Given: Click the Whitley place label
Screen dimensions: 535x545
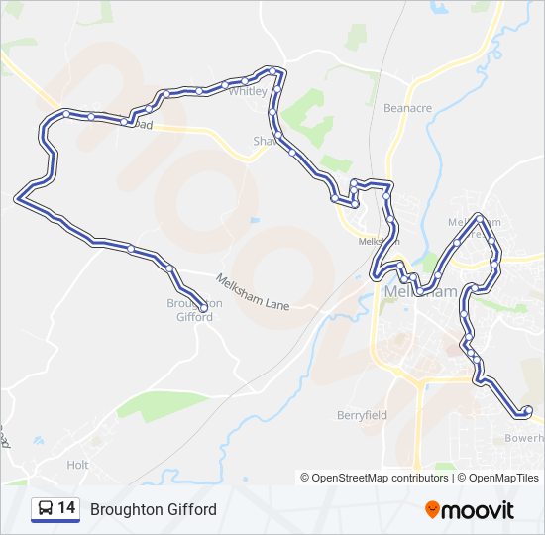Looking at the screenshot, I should pos(248,91).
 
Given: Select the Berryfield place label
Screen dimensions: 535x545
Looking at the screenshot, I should pos(361,415).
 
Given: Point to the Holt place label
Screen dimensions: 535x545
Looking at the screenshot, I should pos(77,465).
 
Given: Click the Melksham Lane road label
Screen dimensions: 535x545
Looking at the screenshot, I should pos(253,292).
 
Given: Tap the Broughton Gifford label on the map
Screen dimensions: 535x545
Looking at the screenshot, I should pos(194,310).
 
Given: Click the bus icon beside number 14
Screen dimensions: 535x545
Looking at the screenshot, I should pos(46,509).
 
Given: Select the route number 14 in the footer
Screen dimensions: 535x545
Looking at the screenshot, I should pos(66,509).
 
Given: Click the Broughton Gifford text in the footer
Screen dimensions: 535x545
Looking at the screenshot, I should pos(153,510).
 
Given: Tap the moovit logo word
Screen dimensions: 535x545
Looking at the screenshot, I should pos(479,510).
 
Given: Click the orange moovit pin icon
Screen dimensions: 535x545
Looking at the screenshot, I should pos(432,509).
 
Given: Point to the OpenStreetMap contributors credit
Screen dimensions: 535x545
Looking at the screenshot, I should pos(375,478).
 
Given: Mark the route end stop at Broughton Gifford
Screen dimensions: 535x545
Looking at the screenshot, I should pos(205,307).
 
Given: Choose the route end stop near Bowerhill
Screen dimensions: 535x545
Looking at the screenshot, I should pos(527,410).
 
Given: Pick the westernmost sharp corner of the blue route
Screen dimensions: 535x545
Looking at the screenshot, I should pos(17,200).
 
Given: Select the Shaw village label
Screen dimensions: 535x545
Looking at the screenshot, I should pos(262,142).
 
